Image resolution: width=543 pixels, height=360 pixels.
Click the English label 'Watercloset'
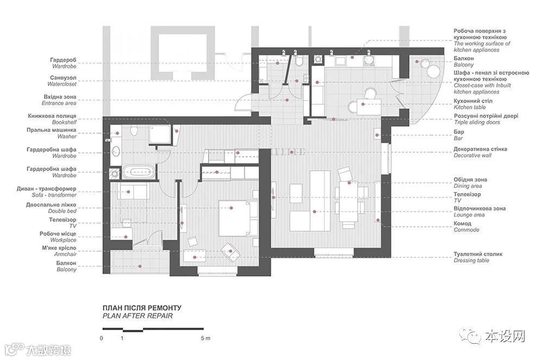(x=62, y=84)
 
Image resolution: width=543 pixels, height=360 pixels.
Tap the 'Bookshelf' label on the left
(x=64, y=123)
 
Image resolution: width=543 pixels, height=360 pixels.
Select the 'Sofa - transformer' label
(x=54, y=195)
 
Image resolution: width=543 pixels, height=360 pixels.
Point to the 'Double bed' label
(x=62, y=211)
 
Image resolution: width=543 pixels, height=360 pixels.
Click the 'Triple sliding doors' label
(x=477, y=123)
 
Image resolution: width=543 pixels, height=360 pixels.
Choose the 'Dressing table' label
(x=471, y=260)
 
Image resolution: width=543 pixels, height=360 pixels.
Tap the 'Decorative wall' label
(x=472, y=155)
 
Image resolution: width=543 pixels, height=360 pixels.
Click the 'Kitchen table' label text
(x=470, y=108)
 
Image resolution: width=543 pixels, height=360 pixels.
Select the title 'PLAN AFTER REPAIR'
(x=137, y=315)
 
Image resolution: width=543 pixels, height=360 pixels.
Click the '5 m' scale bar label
(x=205, y=338)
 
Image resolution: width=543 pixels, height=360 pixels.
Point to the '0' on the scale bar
(x=102, y=338)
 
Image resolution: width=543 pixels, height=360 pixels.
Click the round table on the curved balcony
(x=433, y=72)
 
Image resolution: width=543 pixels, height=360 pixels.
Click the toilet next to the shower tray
(x=134, y=131)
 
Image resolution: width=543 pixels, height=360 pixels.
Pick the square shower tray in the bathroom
(x=160, y=135)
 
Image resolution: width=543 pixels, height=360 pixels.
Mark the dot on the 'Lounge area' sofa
(x=314, y=212)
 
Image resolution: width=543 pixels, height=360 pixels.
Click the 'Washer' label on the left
(x=67, y=137)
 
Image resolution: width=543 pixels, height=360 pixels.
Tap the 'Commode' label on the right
(x=466, y=230)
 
